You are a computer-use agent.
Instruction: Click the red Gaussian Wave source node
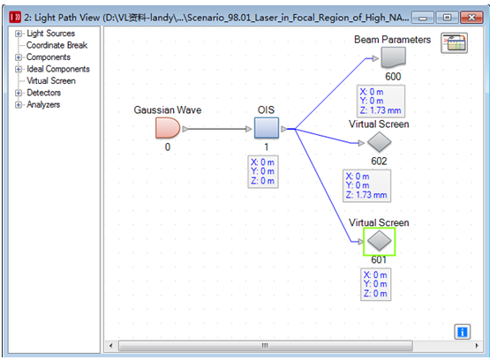(168, 128)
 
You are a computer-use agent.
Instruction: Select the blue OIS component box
(267, 128)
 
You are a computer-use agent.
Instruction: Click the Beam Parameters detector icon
(394, 57)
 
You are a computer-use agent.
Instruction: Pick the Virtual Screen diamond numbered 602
(379, 142)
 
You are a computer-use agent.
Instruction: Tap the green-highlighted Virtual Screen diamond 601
(379, 241)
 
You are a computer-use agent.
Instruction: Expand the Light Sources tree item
(50, 34)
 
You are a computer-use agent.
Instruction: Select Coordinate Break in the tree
(56, 45)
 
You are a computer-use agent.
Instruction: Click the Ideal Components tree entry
(58, 69)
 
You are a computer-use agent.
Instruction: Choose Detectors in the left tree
(44, 93)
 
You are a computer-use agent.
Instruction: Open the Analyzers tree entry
(43, 105)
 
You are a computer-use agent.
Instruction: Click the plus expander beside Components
(19, 57)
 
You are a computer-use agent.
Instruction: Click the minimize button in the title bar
(423, 18)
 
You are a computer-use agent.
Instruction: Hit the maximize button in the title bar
(448, 18)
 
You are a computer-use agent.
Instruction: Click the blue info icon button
(463, 332)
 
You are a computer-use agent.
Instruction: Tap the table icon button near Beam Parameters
(455, 43)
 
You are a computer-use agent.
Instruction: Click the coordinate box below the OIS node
(263, 172)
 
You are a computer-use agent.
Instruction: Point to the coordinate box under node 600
(381, 101)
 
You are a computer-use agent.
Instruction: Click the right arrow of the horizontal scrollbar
(477, 346)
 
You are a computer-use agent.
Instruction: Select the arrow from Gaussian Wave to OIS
(217, 129)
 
